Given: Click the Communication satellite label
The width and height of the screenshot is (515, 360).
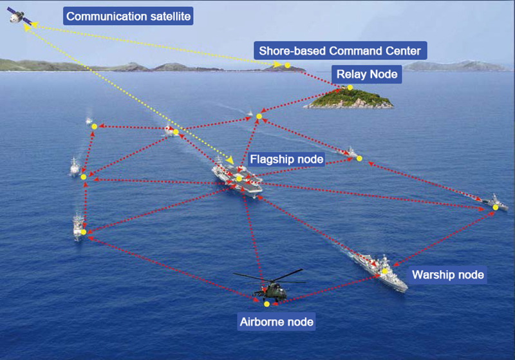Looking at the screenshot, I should coord(129,15).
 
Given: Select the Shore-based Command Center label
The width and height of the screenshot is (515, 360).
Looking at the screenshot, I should coord(341,50).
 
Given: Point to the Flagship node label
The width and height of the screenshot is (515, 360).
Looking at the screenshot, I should coord(286,158).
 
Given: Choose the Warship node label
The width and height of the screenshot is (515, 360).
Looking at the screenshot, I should coord(448,275).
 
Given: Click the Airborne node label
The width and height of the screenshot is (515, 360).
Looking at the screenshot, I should coord(276,321).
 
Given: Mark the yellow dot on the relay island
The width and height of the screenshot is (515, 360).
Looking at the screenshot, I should coord(350,88).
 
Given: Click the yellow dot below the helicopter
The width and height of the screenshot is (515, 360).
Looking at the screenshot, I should coord(267,303).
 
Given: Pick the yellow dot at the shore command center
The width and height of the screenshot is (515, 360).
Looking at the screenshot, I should coord(287,66).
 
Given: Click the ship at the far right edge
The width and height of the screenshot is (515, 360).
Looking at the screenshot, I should coord(496,203).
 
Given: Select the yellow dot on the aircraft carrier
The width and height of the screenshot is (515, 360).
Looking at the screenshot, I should coord(239,178).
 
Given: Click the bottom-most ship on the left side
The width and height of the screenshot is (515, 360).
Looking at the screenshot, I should coord(79,228).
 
